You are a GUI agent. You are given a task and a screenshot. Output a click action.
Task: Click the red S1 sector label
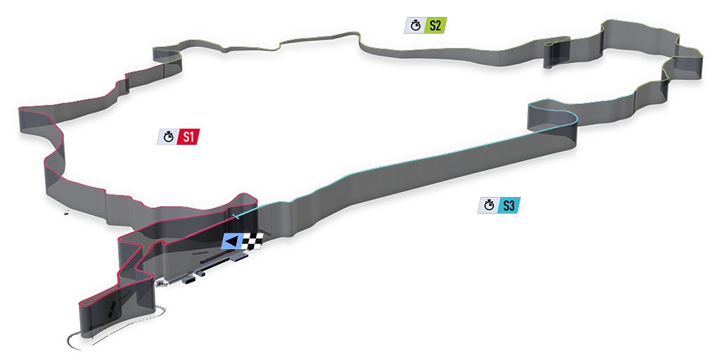tap(188, 136)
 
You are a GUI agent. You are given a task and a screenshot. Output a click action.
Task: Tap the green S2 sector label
tap(435, 25)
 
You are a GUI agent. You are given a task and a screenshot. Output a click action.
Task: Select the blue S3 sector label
tap(509, 206)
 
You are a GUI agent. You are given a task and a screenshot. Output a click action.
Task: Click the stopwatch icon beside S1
tap(169, 136)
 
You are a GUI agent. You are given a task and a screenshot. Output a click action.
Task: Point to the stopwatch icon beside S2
tap(416, 25)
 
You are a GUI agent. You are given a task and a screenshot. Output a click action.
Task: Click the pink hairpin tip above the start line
tap(245, 194)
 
